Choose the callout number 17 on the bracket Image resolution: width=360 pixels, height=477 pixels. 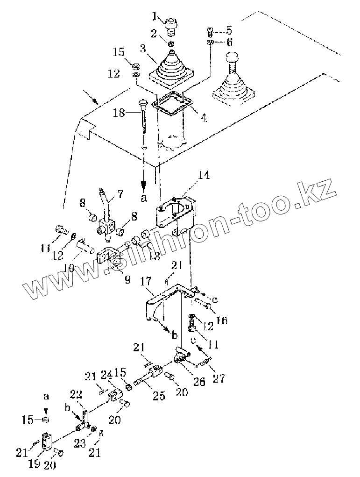[x=145, y=282]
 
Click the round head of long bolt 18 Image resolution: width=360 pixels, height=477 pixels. [x=143, y=103]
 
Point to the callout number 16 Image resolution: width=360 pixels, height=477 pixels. [x=221, y=320]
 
